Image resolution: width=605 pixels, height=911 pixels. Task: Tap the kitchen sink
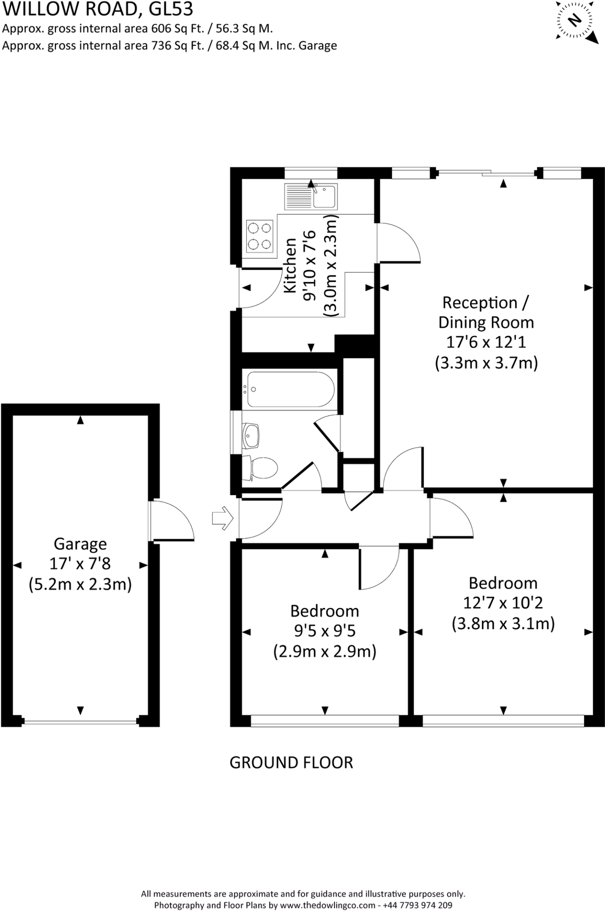point(311,196)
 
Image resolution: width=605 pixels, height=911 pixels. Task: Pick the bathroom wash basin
point(251,436)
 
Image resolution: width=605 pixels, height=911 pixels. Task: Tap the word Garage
point(80,544)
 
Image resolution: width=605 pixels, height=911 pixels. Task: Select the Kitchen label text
point(290,266)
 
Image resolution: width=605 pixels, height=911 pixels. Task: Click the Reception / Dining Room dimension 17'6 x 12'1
point(486,342)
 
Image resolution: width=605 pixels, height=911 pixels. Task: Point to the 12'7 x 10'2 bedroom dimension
point(503,603)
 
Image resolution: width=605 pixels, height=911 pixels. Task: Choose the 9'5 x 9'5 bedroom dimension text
point(325,631)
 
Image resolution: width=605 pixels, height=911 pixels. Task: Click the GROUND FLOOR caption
point(291,762)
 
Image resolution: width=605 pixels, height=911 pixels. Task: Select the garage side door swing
point(172,520)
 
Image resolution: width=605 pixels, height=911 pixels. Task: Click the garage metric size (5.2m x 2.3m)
point(80,584)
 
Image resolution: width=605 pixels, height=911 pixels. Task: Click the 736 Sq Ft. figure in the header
point(175,45)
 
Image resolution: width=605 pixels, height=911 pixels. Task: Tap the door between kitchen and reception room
point(398,242)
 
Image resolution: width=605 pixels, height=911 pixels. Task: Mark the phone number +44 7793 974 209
point(418,905)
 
